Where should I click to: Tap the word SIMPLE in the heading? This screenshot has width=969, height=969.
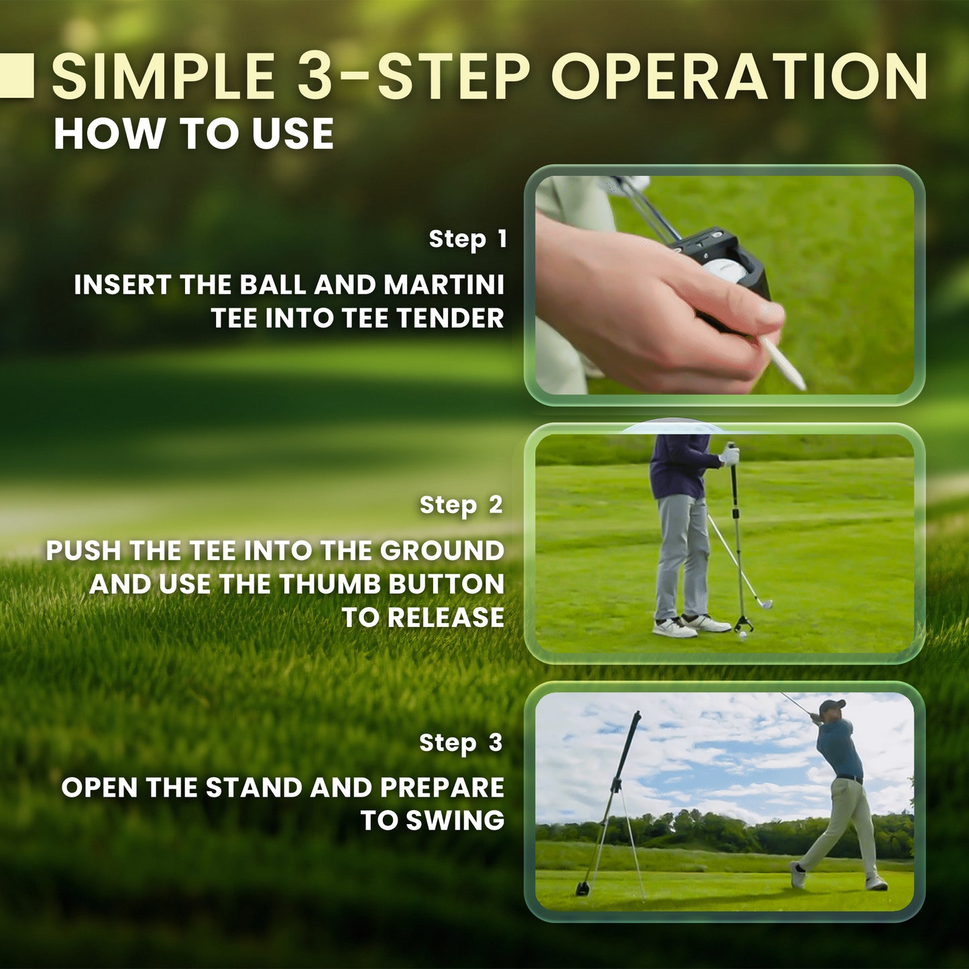pos(163,76)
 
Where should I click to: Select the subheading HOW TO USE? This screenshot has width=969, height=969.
pos(194,133)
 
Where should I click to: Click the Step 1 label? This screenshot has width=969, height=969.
pos(467,239)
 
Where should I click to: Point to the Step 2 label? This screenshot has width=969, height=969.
pos(461,505)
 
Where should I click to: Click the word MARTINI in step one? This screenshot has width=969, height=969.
pos(444,284)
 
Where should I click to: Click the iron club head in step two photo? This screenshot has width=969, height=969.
pos(764,603)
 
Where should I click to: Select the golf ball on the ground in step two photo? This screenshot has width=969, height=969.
pos(742,636)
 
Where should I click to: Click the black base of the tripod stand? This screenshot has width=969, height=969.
pos(584,888)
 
